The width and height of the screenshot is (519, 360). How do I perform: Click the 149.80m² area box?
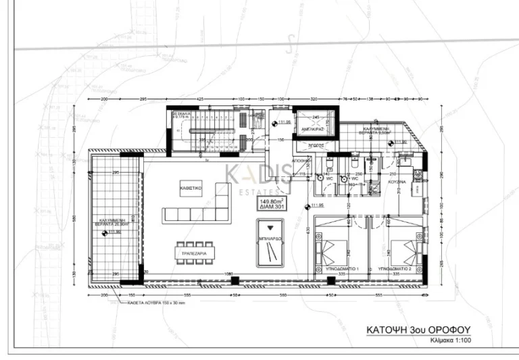(x=272, y=203)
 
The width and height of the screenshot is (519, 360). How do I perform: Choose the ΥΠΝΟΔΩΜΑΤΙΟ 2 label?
(x=395, y=268)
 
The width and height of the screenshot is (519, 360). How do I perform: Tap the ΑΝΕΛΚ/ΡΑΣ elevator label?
(x=313, y=128)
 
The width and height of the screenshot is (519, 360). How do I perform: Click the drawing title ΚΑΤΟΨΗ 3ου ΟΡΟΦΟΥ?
(x=417, y=330)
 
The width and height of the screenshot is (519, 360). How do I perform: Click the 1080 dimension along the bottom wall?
(x=229, y=274)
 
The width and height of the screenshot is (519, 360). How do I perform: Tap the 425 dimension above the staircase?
(x=200, y=99)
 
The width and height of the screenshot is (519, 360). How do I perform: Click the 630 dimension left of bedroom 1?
(x=308, y=230)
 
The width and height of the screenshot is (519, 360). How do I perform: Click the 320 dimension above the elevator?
(x=314, y=99)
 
